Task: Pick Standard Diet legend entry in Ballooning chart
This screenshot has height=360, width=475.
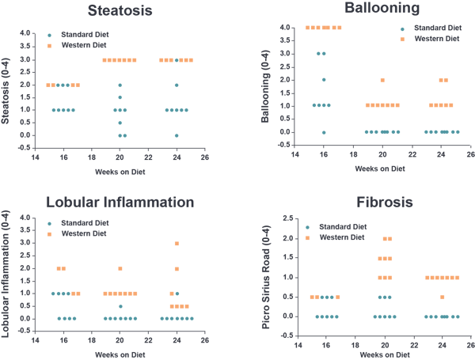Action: [x=427, y=28]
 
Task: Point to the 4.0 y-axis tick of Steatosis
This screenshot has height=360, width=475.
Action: [x=25, y=33]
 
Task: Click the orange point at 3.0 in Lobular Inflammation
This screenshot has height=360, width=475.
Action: [x=177, y=244]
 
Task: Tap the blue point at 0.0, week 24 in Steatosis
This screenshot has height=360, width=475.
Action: [x=177, y=135]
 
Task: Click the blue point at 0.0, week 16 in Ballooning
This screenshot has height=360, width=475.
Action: [x=324, y=132]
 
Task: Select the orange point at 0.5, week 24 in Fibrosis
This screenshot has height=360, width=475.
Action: [x=442, y=297]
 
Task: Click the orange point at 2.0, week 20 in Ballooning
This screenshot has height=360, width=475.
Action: [x=382, y=80]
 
